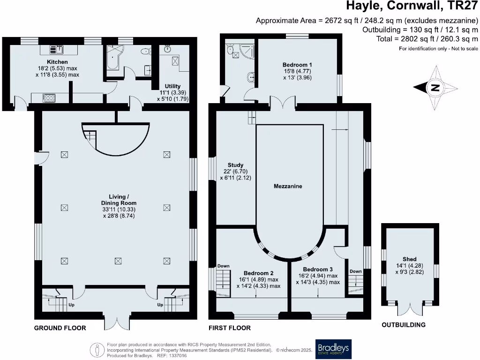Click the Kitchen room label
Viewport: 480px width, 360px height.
click(x=57, y=62)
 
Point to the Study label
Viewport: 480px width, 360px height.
click(x=235, y=165)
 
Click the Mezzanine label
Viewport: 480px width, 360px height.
click(x=288, y=186)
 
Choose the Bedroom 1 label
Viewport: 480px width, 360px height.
click(x=297, y=65)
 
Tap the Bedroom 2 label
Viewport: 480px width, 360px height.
click(x=258, y=273)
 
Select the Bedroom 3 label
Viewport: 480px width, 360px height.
click(x=318, y=270)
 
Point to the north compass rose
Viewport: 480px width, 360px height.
click(x=435, y=87)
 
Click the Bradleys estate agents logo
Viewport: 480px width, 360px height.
click(x=333, y=349)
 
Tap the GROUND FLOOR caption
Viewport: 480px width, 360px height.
click(x=60, y=328)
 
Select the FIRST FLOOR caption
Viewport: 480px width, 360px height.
click(x=230, y=328)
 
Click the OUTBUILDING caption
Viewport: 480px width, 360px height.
click(x=403, y=325)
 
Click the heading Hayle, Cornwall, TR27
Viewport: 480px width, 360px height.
click(x=412, y=7)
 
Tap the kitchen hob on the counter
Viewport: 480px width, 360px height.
click(x=48, y=98)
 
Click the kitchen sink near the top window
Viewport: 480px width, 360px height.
click(x=59, y=48)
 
